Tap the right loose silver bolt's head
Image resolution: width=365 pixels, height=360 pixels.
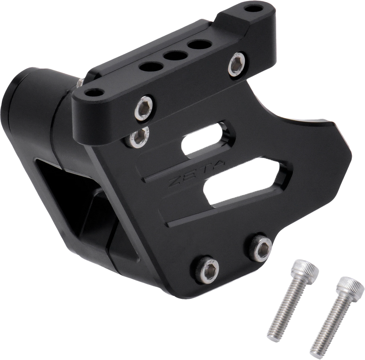(x=351, y=287)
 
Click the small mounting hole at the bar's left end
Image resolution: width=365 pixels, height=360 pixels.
(x=94, y=93)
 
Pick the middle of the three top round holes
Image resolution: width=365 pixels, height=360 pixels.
(x=175, y=56)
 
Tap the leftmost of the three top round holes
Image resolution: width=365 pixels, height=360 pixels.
(x=151, y=66)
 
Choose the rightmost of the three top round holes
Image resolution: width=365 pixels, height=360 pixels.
(x=199, y=44)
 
